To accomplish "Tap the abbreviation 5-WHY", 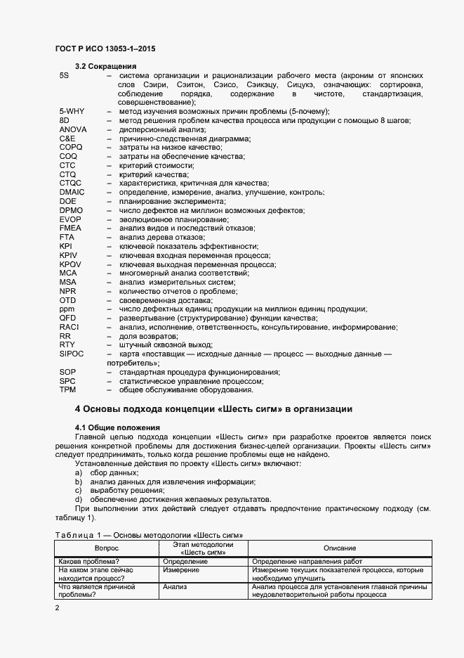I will coord(72,112).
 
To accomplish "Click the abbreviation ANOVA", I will coord(73,130).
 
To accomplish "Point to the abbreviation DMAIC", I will coord(72,192).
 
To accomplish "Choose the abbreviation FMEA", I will coord(71,228).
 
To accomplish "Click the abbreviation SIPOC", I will coord(72,354).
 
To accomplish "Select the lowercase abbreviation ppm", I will coord(67,309).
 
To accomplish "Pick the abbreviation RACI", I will coord(69,327).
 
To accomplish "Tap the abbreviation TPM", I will coord(68,389).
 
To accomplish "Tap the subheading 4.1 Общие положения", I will coord(117,427).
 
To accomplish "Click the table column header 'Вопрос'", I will coord(107,548).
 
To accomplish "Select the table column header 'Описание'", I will coord(339,548).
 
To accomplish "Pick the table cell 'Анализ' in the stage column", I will coord(174,586).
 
